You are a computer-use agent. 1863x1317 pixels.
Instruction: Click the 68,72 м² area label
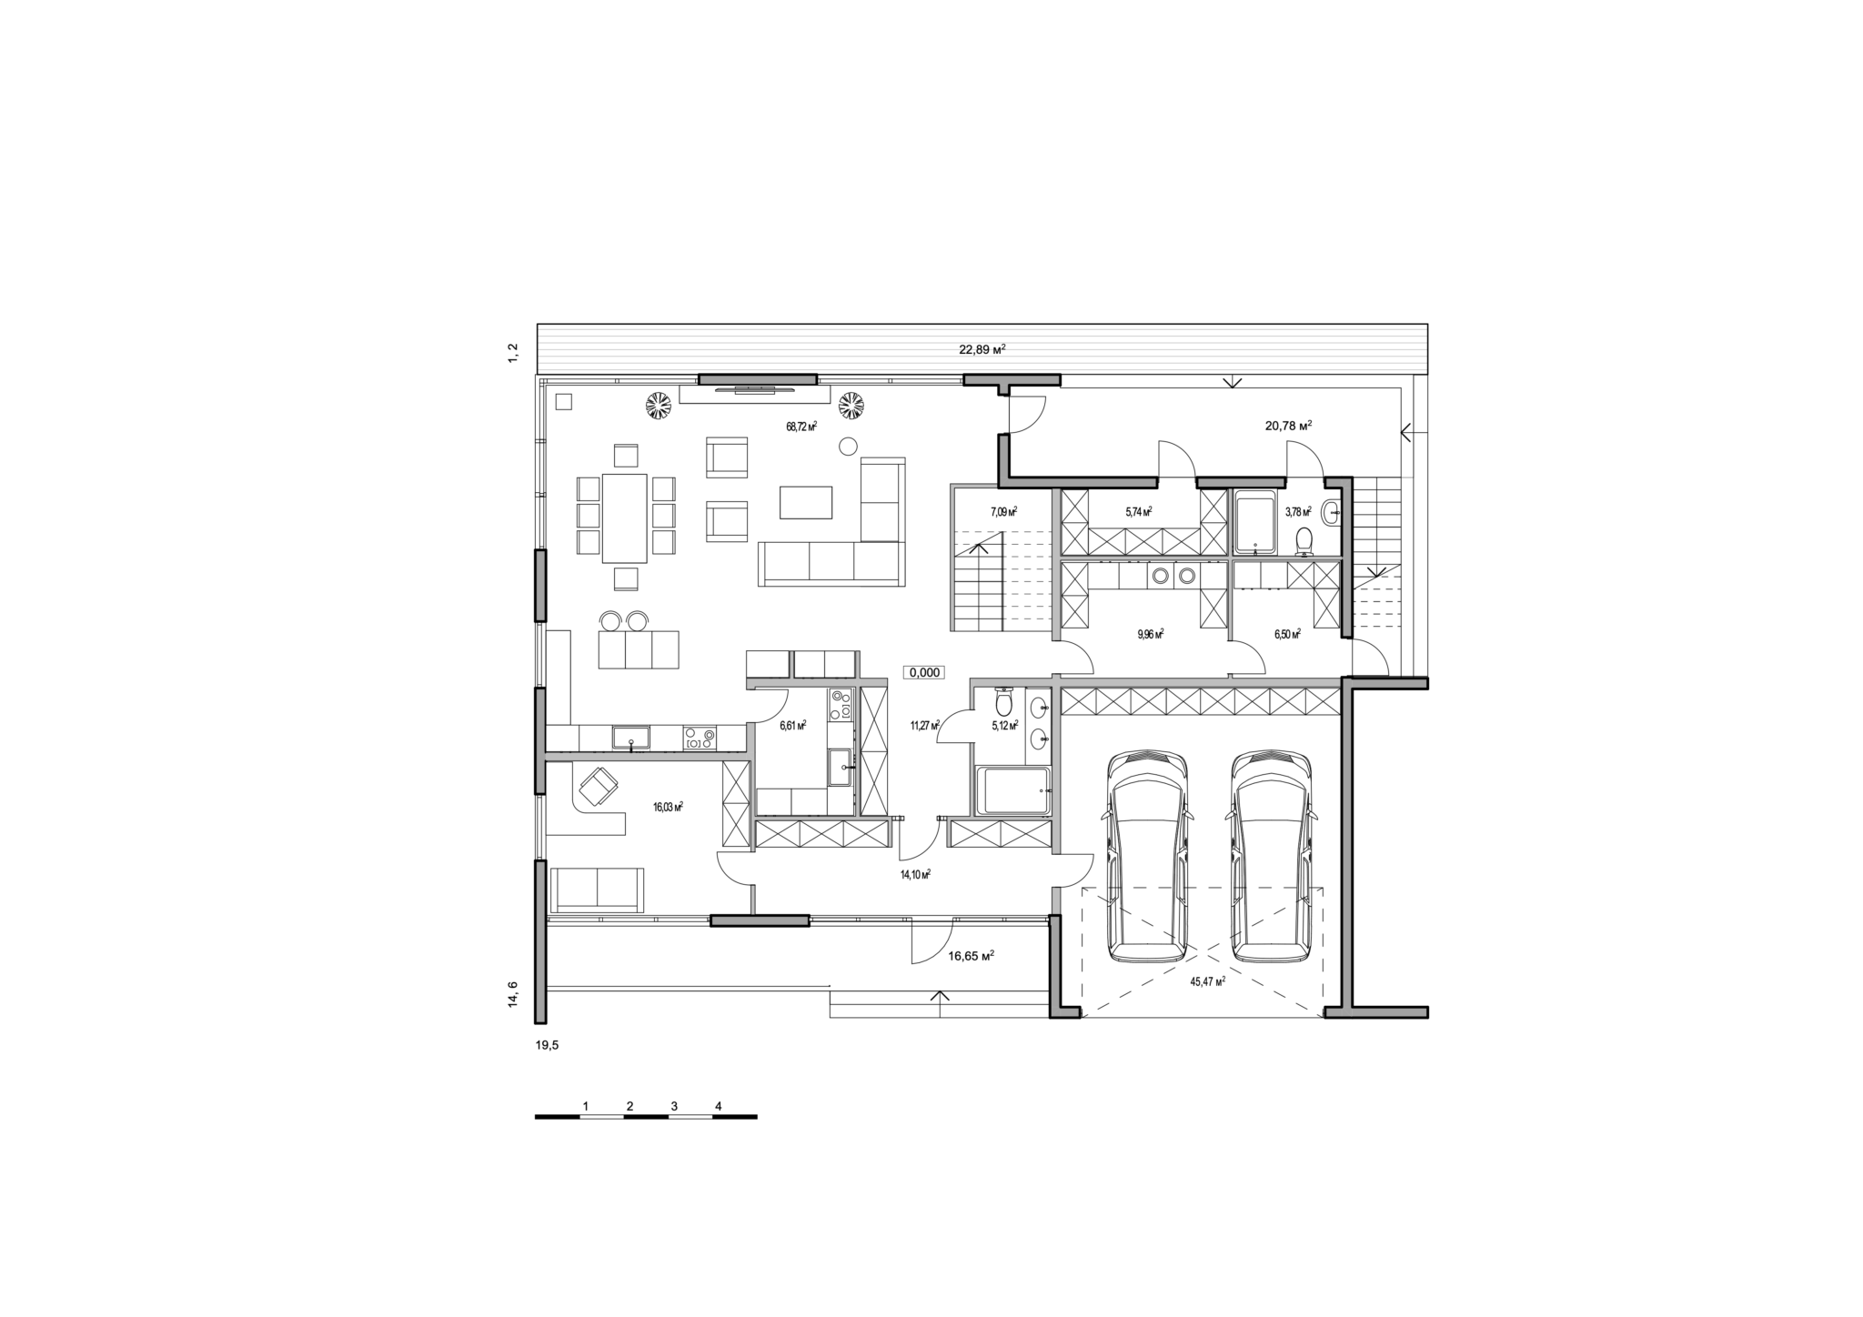click(801, 426)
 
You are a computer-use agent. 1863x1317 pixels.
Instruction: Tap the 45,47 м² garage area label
click(1207, 981)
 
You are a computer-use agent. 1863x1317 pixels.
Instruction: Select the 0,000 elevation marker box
click(924, 673)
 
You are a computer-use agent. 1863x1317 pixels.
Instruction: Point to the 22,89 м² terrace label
click(982, 349)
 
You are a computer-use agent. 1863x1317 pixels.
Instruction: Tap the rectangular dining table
click(625, 518)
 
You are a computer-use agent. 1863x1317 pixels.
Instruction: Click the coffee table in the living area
click(806, 502)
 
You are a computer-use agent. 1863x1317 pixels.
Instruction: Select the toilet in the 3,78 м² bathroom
click(1304, 541)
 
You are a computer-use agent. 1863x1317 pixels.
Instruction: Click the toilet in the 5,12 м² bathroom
click(1004, 702)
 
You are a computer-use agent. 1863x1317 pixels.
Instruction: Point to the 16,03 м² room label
click(668, 806)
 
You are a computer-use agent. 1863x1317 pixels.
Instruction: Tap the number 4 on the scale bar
click(719, 1106)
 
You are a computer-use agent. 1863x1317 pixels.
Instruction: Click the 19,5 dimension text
click(548, 1046)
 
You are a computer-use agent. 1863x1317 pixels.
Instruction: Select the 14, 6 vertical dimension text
click(513, 993)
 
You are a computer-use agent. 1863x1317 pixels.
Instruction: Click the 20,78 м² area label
click(1288, 425)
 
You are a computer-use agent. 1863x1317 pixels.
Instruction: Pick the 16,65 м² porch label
click(971, 956)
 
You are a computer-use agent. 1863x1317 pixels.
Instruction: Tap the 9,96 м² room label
click(1151, 634)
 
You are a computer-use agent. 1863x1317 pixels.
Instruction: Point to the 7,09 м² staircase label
click(1003, 512)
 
